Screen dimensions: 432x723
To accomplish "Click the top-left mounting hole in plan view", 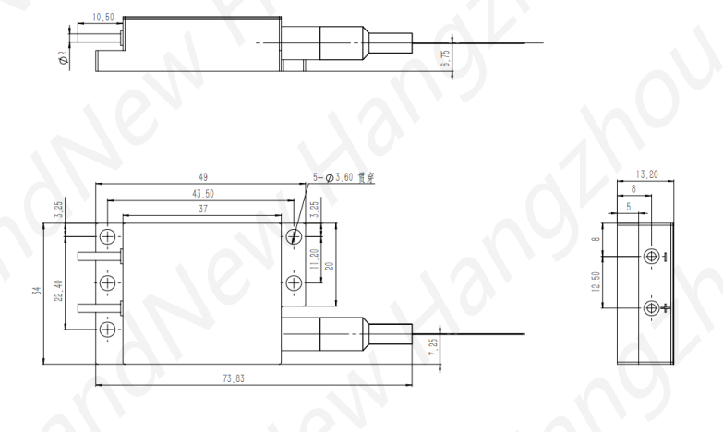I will tap(107, 236).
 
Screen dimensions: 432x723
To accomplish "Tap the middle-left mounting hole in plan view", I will tap(107, 282).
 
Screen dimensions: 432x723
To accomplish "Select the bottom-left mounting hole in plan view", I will tap(107, 328).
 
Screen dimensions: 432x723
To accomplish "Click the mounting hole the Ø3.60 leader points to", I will tap(294, 236).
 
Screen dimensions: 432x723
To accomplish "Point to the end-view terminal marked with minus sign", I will tap(652, 256).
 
